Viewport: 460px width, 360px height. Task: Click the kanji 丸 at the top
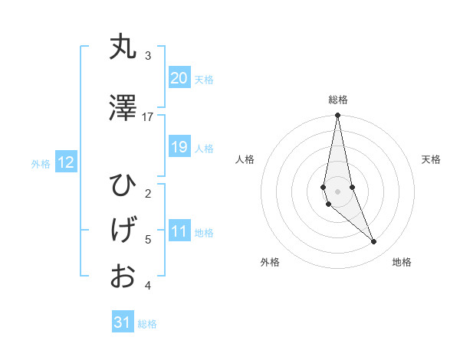pyautogui.click(x=123, y=47)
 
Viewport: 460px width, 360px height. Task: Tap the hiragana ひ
pyautogui.click(x=123, y=186)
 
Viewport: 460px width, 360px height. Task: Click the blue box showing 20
pyautogui.click(x=179, y=78)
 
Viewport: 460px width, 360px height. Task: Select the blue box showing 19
pyautogui.click(x=179, y=147)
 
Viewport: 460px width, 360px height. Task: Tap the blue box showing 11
pyautogui.click(x=179, y=232)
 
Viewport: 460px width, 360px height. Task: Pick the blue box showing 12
pyautogui.click(x=66, y=162)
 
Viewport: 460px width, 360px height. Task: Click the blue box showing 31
pyautogui.click(x=123, y=322)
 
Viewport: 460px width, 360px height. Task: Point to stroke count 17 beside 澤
pyautogui.click(x=148, y=116)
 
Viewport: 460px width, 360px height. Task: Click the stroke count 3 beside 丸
pyautogui.click(x=148, y=55)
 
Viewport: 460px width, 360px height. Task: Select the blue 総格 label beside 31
pyautogui.click(x=147, y=324)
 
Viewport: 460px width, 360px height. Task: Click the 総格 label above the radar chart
pyautogui.click(x=337, y=100)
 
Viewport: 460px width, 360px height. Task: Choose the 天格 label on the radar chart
pyautogui.click(x=431, y=159)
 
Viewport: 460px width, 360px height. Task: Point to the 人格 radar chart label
pyautogui.click(x=245, y=159)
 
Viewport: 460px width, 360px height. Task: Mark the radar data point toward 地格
pyautogui.click(x=373, y=242)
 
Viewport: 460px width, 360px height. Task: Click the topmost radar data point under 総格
pyautogui.click(x=337, y=116)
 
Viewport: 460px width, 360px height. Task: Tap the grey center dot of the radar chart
pyautogui.click(x=337, y=191)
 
